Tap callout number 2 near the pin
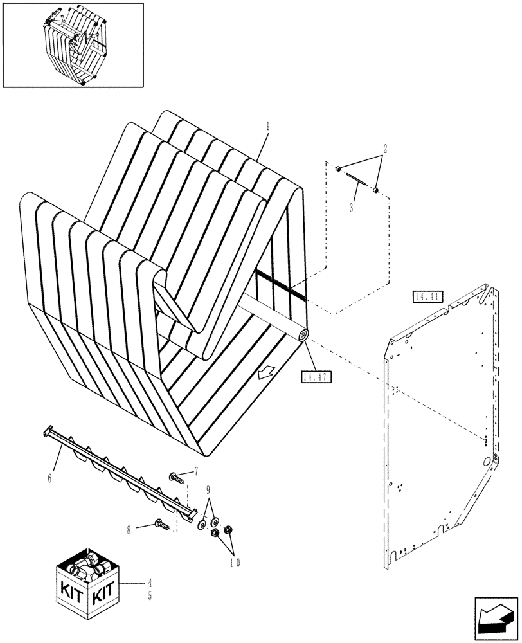pos(385,149)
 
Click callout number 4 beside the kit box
pos(150,584)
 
